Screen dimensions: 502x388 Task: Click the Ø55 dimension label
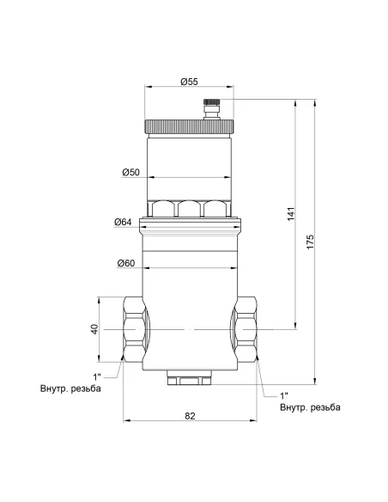point(189,82)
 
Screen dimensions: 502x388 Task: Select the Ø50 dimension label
point(131,173)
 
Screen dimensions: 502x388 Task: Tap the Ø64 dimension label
point(122,223)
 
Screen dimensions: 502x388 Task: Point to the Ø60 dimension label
point(128,262)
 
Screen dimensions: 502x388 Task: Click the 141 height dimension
point(291,212)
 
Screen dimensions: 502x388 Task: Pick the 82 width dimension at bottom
point(190,416)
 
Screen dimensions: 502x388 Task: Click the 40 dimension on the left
point(94,329)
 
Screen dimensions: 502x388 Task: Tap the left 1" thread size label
point(98,376)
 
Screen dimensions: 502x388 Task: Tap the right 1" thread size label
point(283,395)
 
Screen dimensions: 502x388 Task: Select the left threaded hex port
point(134,330)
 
